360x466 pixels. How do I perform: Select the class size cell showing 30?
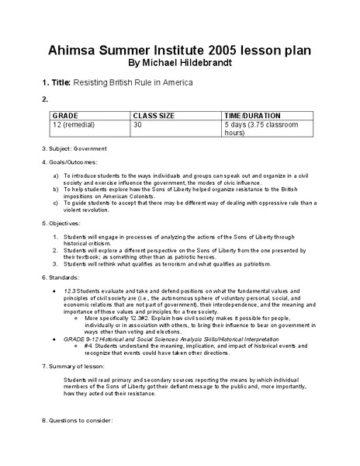(138, 123)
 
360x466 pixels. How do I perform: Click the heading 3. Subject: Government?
(74, 148)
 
